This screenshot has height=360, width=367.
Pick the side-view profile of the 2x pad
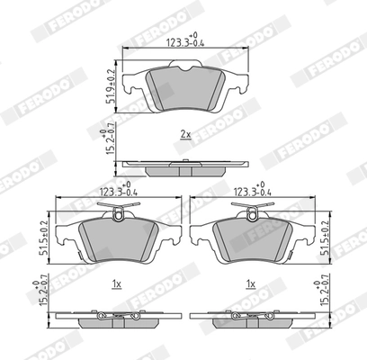click(184, 165)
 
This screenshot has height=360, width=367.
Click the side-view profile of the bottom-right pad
click(253, 319)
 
